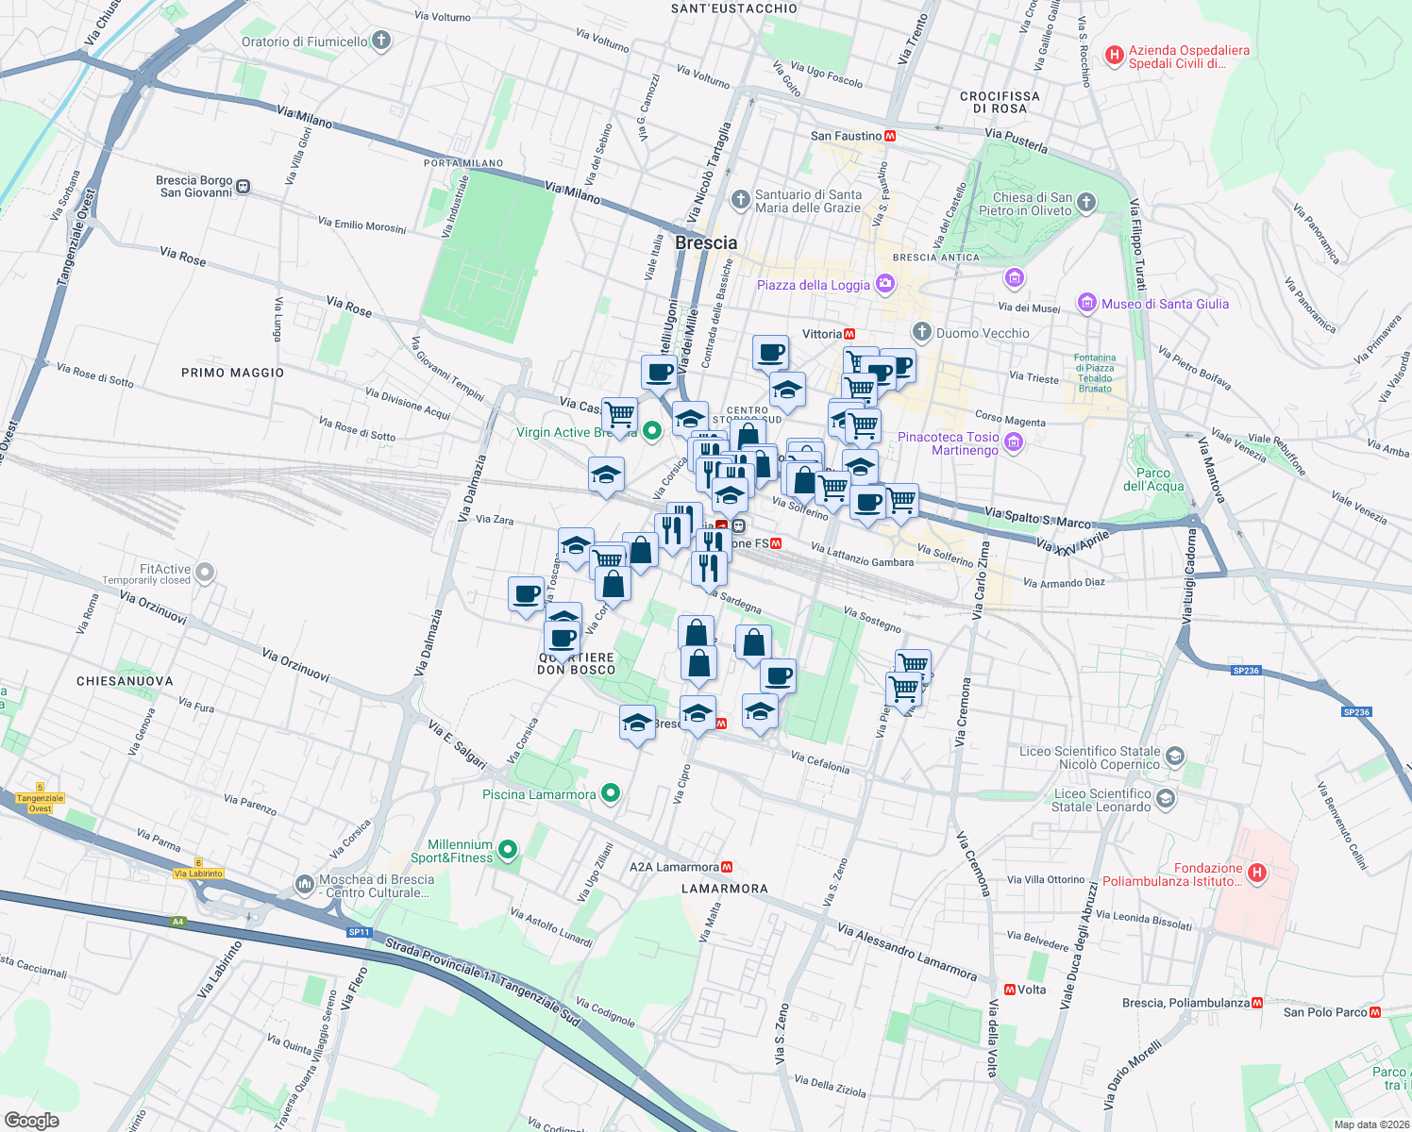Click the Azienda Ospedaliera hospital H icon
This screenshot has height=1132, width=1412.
point(1115,56)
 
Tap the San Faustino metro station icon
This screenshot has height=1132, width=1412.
point(890,136)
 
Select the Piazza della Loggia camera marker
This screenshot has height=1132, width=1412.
point(884,283)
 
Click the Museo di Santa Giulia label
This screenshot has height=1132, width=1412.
point(1165,304)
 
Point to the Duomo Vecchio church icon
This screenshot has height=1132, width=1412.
point(921,332)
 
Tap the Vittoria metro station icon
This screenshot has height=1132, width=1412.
point(849,334)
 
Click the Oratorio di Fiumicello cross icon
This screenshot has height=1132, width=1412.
point(381,41)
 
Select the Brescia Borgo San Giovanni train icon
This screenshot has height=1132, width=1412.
point(244,187)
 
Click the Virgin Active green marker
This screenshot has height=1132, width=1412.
point(651,432)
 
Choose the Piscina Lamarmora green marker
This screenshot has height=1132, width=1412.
point(611,793)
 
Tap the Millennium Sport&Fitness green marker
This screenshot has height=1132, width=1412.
point(508,851)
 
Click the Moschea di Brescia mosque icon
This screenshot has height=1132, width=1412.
point(304,884)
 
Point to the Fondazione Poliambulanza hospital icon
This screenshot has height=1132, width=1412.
point(1256,873)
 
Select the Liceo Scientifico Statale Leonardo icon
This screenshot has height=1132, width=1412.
point(1166,799)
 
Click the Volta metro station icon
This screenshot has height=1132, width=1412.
point(1010,990)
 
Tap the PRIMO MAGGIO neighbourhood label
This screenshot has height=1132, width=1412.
point(232,373)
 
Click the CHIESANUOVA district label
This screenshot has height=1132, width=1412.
point(125,681)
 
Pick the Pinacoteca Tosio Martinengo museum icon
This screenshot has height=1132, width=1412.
point(1014,441)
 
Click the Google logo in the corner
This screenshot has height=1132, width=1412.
point(31,1120)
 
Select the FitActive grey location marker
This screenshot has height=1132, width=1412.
point(205,572)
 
